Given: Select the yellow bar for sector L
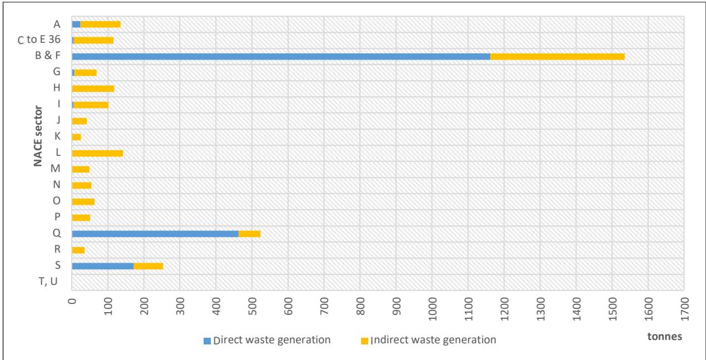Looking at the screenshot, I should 97,153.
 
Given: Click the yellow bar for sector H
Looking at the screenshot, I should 93,88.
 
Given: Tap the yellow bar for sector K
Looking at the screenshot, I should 77,137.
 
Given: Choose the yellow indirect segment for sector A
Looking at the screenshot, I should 100,24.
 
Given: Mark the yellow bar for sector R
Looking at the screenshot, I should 78,250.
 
